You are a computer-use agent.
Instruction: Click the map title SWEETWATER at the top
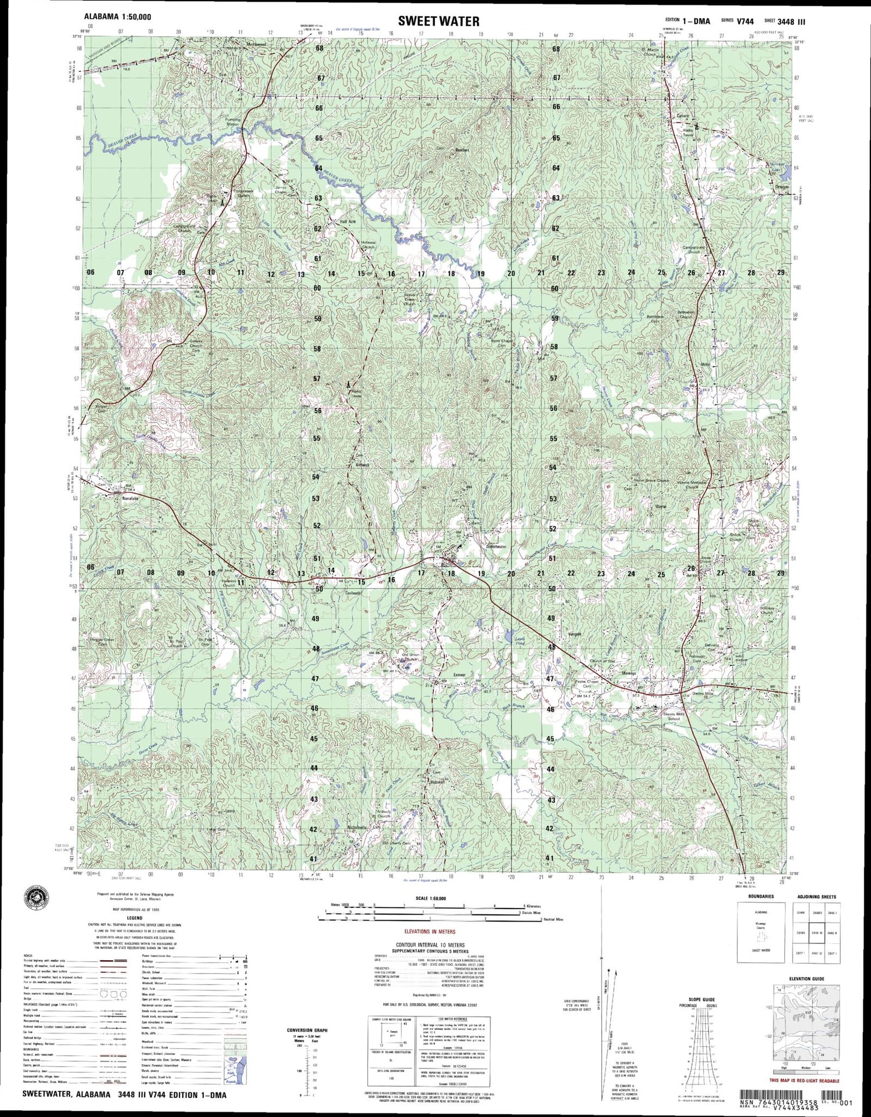click(438, 21)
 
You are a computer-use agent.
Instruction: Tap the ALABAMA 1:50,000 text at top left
click(118, 17)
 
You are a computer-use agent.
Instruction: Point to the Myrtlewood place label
click(256, 45)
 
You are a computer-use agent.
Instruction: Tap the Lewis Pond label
click(520, 641)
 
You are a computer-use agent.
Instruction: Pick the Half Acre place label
click(348, 222)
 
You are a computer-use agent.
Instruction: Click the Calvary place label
click(683, 116)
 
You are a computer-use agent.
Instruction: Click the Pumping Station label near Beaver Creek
click(233, 122)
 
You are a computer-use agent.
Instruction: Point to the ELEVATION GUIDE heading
click(806, 979)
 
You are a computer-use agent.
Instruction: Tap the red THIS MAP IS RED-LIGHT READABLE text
click(804, 1080)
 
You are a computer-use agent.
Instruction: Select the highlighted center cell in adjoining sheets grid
click(817, 933)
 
